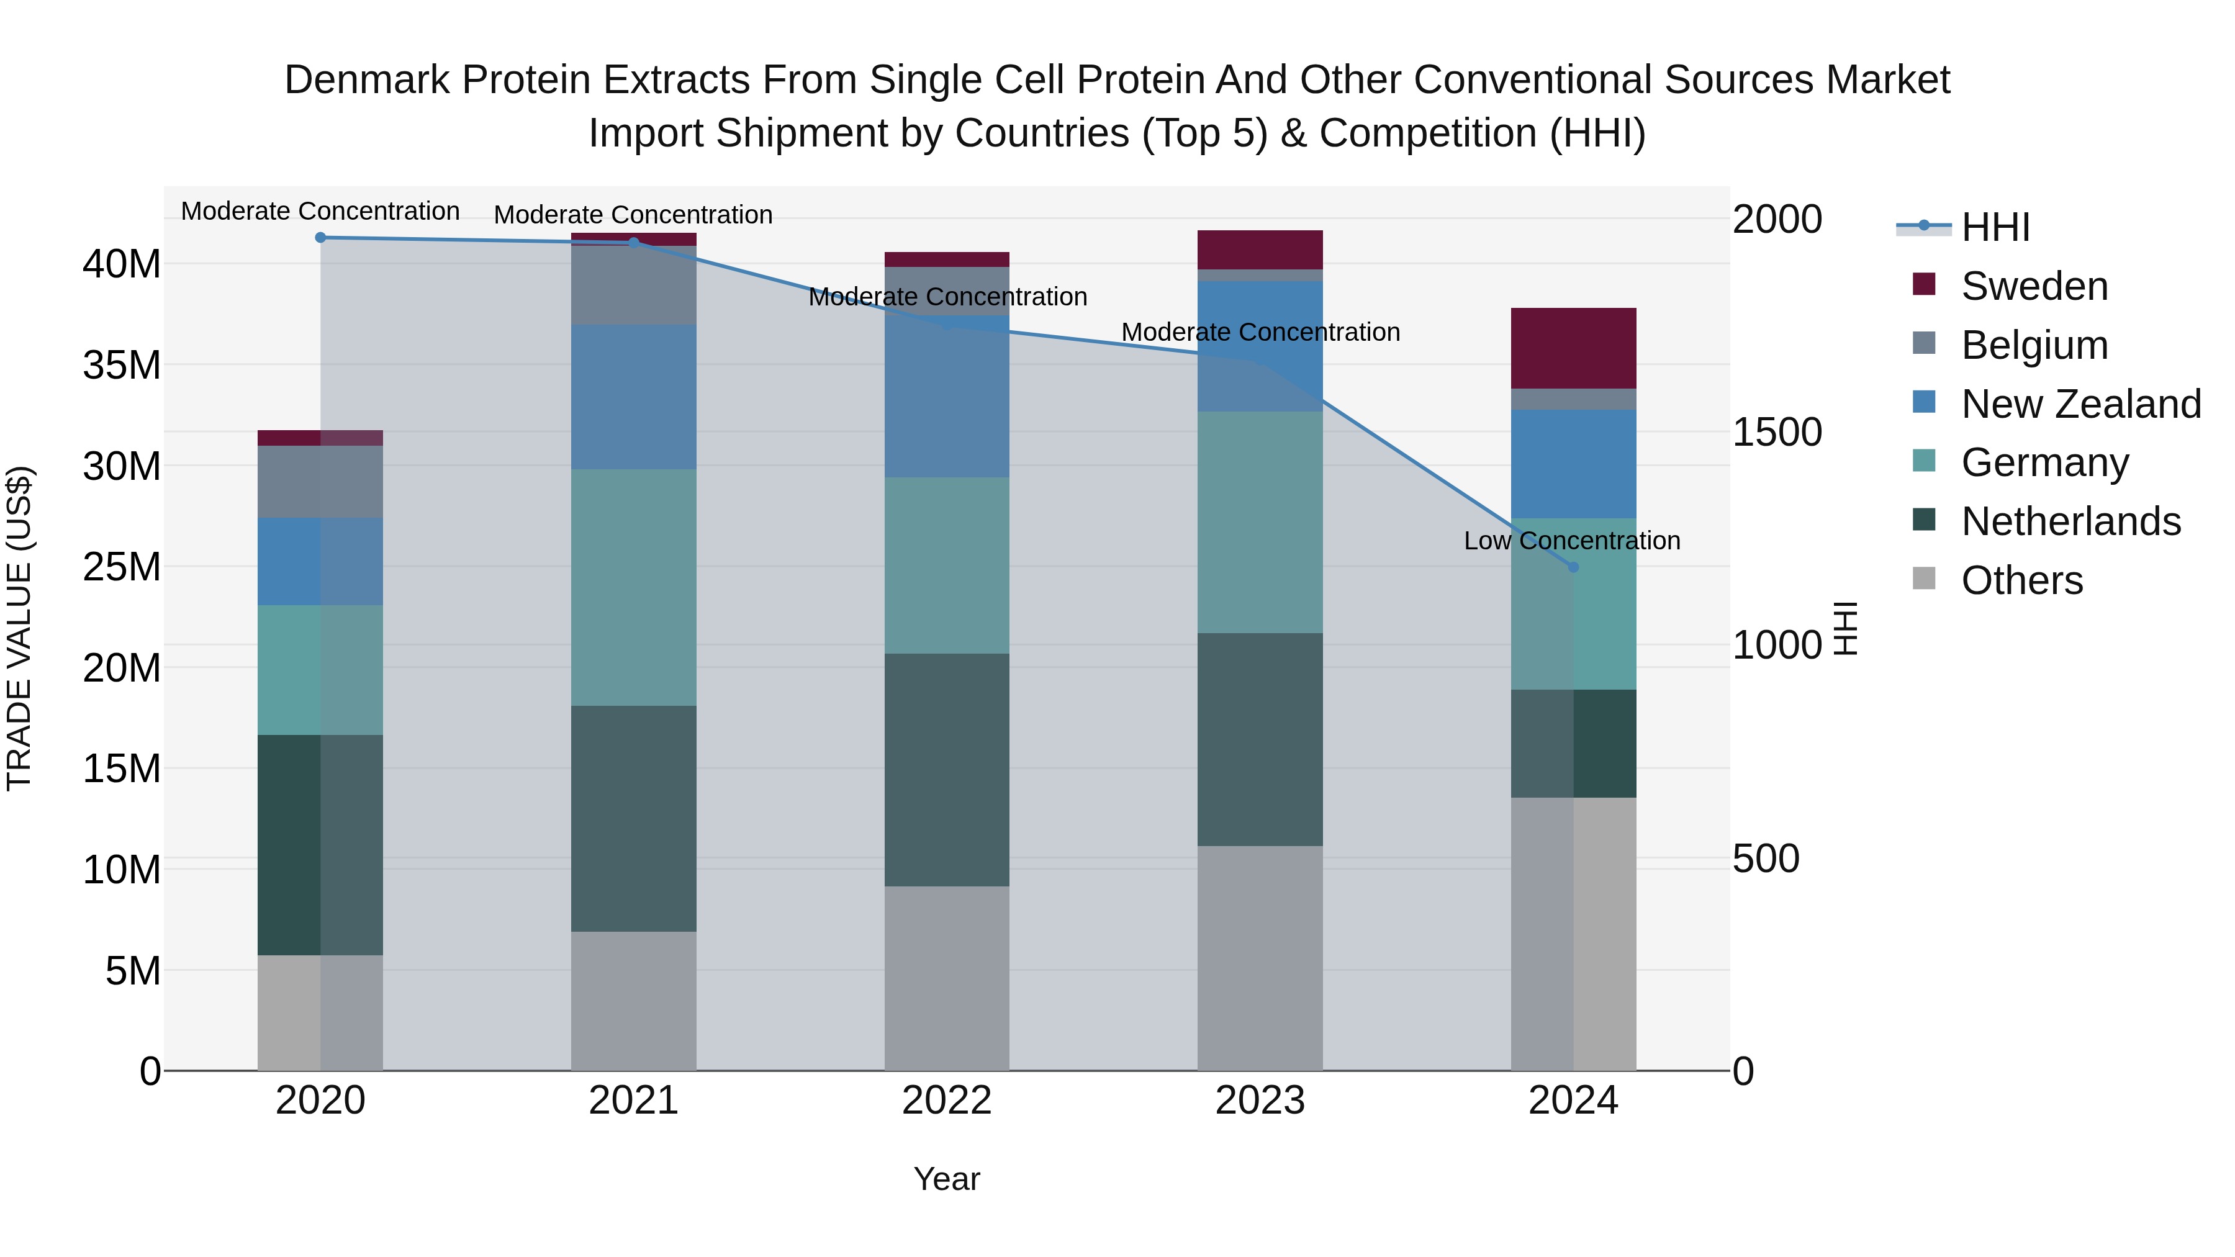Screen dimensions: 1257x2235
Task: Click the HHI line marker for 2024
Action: [x=1573, y=567]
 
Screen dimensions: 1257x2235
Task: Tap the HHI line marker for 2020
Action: [x=320, y=237]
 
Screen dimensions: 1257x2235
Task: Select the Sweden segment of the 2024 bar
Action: [x=1573, y=348]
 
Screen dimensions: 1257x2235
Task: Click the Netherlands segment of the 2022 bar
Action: [x=947, y=770]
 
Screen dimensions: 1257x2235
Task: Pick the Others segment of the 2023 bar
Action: [x=1260, y=958]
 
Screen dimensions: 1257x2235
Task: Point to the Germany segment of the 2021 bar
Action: [x=633, y=587]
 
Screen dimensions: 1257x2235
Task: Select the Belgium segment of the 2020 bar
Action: [x=320, y=482]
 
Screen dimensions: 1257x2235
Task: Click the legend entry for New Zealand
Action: [x=2080, y=403]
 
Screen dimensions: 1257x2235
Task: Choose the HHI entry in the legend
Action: [x=1995, y=227]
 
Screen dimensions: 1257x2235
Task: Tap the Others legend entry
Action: [x=2021, y=580]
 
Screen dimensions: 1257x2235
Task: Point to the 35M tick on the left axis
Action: [x=122, y=365]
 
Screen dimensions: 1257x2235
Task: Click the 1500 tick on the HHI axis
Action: [x=1777, y=432]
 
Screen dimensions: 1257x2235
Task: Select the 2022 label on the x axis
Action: [x=947, y=1101]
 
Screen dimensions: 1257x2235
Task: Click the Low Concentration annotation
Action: [x=1571, y=541]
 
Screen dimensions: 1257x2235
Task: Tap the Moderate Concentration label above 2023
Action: [x=1260, y=332]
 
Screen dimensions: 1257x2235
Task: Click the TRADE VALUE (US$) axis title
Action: [x=19, y=628]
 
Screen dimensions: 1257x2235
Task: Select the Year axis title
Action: [x=947, y=1179]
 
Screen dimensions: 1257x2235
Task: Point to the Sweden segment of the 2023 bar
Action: [x=1260, y=250]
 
